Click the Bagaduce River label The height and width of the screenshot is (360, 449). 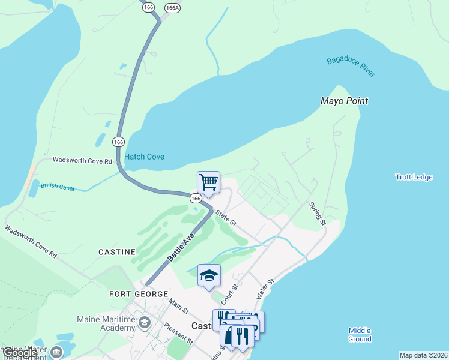point(351,67)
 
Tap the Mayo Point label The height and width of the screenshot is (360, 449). point(344,101)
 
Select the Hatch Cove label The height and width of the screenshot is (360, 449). point(144,157)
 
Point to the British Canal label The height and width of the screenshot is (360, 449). point(58,187)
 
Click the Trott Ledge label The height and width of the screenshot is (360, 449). point(414,177)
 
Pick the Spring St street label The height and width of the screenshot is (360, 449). point(317,214)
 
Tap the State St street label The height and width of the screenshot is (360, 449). point(227,218)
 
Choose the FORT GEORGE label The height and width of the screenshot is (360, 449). point(139,294)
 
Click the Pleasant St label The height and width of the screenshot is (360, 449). point(178,334)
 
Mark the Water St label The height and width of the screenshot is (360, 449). point(265,289)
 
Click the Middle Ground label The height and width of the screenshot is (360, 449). point(360,335)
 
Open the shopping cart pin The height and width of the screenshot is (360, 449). point(208,181)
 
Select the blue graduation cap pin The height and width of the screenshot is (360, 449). point(209,275)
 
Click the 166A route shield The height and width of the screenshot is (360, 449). point(172,8)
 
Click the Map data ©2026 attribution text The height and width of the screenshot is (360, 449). point(423,355)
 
